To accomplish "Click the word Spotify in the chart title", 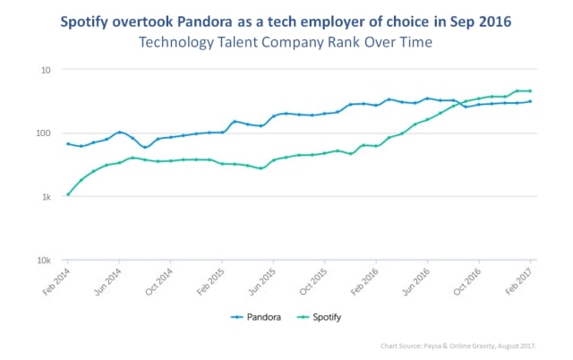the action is point(84,21).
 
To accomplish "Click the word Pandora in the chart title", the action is point(205,21).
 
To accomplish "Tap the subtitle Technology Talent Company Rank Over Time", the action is point(286,42).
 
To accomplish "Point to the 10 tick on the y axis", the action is point(46,70).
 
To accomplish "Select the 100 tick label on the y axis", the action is point(44,133).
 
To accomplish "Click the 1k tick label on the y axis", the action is point(47,197).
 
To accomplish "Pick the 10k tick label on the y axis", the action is point(44,261).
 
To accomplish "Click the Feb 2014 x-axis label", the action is point(56,281).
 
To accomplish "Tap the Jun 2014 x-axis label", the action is point(108,281).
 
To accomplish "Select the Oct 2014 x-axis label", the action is point(159,281).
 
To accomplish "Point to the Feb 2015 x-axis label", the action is point(211,281).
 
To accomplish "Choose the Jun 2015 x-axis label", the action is point(262,281).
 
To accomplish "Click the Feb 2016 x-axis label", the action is point(365,281).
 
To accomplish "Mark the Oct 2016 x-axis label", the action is point(467,281).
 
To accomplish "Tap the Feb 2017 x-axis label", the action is point(519,281).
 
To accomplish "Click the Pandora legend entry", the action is point(256,317).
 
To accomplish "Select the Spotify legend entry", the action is point(320,317).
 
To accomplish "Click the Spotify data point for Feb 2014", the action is point(68,194).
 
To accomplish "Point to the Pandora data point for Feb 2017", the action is point(530,101).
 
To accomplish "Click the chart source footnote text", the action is point(458,346).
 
